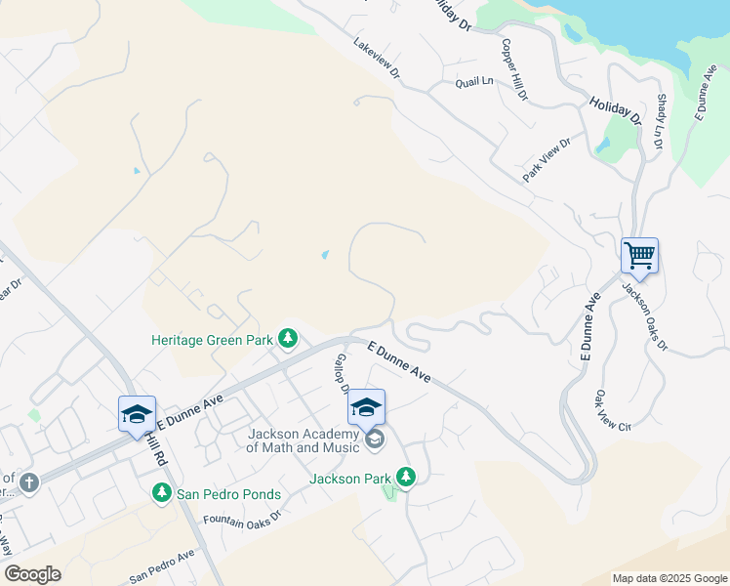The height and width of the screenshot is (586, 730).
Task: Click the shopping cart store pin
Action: tap(639, 256)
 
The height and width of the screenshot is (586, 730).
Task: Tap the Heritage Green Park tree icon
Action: tap(288, 339)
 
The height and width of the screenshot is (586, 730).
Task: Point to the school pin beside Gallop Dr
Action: tap(366, 406)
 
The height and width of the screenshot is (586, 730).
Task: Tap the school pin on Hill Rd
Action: tap(137, 413)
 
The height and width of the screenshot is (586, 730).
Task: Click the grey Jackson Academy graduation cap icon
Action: tap(374, 441)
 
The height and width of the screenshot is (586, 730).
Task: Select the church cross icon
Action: tap(29, 481)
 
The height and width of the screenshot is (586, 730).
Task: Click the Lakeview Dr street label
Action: tap(378, 59)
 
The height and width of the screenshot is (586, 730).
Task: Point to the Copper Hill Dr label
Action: tap(514, 70)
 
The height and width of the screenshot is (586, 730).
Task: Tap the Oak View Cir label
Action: tap(613, 412)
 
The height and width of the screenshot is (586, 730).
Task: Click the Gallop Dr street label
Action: tap(342, 374)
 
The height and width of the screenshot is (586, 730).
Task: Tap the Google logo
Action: tap(32, 574)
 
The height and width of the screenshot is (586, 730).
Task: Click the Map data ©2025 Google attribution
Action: tap(669, 578)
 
